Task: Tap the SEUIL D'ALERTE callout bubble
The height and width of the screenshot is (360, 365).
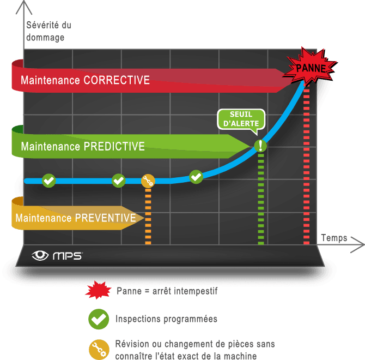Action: click(x=241, y=119)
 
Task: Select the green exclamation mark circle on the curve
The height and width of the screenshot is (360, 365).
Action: click(x=261, y=145)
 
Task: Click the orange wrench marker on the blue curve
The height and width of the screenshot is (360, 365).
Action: click(x=148, y=181)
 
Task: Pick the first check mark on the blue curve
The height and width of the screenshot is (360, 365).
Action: click(x=49, y=180)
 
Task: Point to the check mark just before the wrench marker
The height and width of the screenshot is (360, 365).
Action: click(x=118, y=180)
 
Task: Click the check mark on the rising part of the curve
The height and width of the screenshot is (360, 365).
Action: click(x=196, y=176)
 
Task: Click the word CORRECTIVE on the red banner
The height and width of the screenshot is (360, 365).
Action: click(x=117, y=80)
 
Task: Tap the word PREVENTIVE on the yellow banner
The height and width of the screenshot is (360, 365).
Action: click(x=105, y=218)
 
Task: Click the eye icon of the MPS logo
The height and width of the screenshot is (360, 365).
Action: click(x=40, y=255)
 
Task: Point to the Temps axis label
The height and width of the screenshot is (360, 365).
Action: click(x=334, y=238)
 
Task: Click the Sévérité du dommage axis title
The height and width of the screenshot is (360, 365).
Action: click(x=48, y=31)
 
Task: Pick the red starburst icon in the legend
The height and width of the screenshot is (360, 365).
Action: click(x=96, y=290)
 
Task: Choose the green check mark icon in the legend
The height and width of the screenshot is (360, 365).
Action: click(x=96, y=319)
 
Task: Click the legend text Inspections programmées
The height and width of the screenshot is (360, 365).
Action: click(x=166, y=319)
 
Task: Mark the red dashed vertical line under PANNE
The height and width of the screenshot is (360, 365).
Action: click(x=306, y=164)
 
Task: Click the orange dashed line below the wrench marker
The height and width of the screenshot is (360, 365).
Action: click(x=148, y=215)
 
